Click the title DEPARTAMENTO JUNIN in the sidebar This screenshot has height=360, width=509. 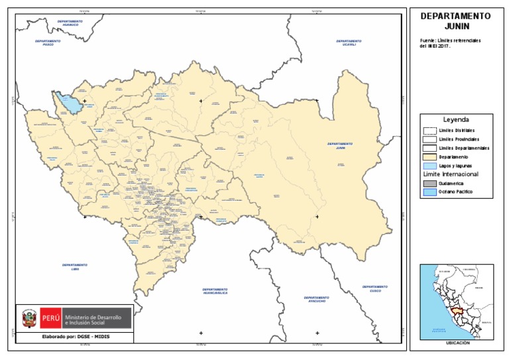456,21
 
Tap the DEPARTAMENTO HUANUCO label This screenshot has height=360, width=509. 70,23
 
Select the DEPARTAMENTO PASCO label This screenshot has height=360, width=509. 48,42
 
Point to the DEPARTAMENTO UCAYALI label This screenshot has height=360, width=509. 349,42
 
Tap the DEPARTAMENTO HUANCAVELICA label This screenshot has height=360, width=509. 215,291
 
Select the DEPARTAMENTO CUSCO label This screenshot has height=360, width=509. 375,288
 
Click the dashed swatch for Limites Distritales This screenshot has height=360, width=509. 429,131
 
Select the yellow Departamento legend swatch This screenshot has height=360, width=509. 429,156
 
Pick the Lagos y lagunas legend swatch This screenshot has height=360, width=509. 429,165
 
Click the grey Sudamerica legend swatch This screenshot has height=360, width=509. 429,183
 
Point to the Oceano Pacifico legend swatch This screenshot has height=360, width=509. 429,193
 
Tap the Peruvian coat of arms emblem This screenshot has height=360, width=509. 28,321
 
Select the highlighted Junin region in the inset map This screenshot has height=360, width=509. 455,309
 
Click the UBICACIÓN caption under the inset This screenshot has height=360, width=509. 457,343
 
